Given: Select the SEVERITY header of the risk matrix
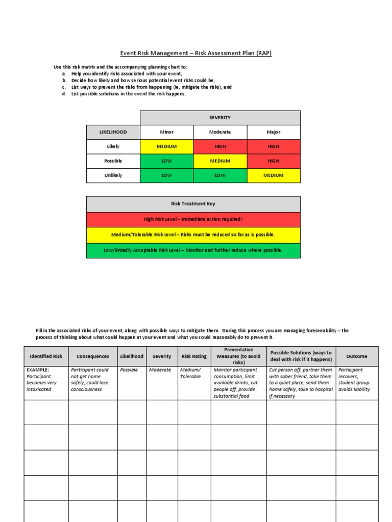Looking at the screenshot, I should click(220, 118).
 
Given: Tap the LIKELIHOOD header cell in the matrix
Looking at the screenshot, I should click(113, 132).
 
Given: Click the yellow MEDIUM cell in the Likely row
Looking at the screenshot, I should click(166, 147).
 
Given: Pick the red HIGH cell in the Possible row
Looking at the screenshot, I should click(274, 161).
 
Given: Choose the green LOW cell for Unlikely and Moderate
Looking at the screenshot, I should click(220, 175).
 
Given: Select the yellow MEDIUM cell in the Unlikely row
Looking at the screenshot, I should click(274, 175).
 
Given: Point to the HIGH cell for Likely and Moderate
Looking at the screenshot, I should click(220, 147).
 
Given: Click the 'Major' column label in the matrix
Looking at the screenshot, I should click(274, 132).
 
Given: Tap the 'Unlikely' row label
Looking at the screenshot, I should click(113, 175).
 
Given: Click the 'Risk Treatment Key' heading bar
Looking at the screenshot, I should click(193, 204).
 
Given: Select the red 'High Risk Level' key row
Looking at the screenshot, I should click(193, 219).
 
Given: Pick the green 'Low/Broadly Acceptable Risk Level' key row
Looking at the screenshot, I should click(193, 250).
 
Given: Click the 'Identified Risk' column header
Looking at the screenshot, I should click(46, 356).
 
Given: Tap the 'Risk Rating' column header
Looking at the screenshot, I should click(194, 356).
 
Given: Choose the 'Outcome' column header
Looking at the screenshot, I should click(357, 356).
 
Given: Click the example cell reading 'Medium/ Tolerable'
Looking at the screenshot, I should click(191, 373).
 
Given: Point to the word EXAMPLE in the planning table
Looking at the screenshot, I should click(38, 370).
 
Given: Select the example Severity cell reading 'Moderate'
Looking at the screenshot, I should click(160, 370).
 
